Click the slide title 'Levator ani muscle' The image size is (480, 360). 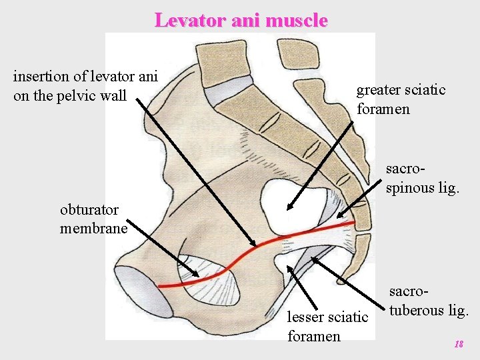pyautogui.click(x=241, y=20)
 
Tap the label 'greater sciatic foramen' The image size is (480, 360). pyautogui.click(x=401, y=99)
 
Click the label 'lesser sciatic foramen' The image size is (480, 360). pyautogui.click(x=327, y=326)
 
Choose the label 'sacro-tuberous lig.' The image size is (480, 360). pyautogui.click(x=429, y=301)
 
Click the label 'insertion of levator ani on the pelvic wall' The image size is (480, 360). pyautogui.click(x=85, y=85)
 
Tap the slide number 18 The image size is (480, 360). pyautogui.click(x=458, y=344)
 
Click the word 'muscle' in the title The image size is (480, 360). pyautogui.click(x=296, y=20)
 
